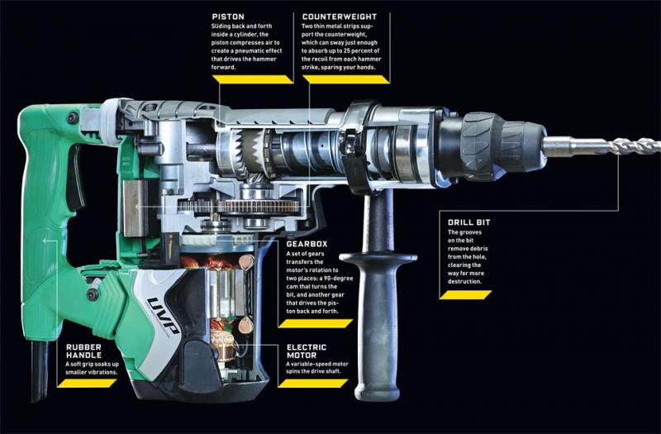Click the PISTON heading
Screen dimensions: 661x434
coord(228,17)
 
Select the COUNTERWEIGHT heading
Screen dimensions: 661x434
coord(340,17)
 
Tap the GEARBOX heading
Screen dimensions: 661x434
coord(307,244)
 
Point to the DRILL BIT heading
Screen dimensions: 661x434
coord(469,222)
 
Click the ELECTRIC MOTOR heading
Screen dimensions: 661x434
coord(307,351)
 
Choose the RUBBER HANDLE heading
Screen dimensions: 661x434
coord(84,351)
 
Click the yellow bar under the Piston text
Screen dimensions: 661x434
coord(253,79)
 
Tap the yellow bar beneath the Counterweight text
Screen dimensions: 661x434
coord(345,79)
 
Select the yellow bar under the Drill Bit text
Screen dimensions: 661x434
coord(465,295)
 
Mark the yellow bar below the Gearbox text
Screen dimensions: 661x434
coord(316,323)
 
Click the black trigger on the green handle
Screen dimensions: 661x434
coord(75,177)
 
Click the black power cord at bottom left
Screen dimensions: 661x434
coord(40,370)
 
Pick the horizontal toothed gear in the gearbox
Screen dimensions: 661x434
coord(239,206)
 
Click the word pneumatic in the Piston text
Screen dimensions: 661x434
coord(254,50)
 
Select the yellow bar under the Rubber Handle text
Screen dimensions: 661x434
coord(87,383)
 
